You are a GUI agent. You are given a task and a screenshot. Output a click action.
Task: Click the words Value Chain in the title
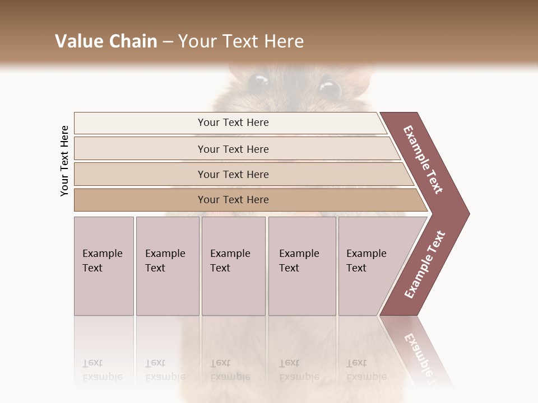coord(106,41)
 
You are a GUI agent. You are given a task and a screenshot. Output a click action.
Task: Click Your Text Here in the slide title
coord(241,41)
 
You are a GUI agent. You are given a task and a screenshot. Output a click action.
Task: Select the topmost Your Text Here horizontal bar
coord(233,123)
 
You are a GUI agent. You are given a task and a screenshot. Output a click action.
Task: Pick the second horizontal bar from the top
coord(233,149)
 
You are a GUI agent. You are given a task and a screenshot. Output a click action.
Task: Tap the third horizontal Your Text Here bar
coord(233,174)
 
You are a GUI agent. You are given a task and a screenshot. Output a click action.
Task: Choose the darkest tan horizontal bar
coord(233,200)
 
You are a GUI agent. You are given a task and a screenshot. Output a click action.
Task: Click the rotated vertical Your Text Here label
coord(64,161)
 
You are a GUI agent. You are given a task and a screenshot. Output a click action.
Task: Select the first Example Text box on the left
coord(103,265)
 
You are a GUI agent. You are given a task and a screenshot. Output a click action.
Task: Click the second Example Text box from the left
coord(166,265)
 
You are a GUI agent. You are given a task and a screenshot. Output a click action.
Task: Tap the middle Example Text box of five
coord(233,265)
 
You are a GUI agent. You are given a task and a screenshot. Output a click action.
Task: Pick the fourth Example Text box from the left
coord(302,265)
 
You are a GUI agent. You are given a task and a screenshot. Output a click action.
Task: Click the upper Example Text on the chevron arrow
coord(423,160)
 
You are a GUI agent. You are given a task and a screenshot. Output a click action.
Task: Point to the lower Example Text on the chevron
coord(424,265)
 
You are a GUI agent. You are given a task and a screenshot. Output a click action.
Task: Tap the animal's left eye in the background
coord(258,82)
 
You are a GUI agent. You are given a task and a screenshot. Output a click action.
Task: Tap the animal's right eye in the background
coord(331,88)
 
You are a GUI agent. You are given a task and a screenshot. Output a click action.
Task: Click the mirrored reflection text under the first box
coord(102,370)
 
